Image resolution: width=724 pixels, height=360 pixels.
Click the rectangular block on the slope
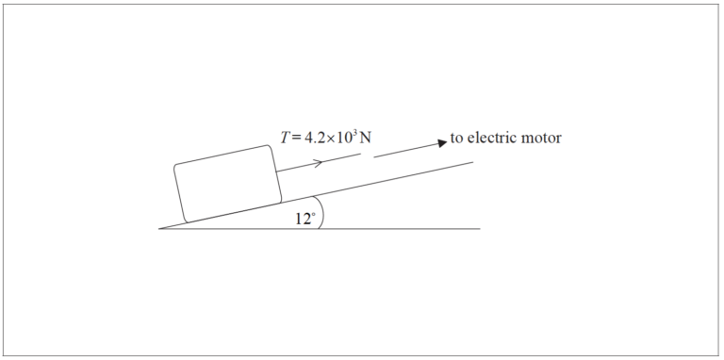click(228, 184)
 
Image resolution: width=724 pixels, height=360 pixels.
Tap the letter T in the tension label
click(285, 138)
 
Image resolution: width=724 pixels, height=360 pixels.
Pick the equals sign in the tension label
click(296, 139)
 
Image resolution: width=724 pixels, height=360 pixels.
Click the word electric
click(494, 138)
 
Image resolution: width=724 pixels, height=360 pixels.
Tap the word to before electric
click(456, 138)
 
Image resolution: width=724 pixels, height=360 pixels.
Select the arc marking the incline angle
click(321, 212)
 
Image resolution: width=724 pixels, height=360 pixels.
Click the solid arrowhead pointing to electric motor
click(440, 143)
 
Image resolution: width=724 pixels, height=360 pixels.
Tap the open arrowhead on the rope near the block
click(318, 163)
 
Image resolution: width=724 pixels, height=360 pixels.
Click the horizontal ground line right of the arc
click(405, 229)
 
